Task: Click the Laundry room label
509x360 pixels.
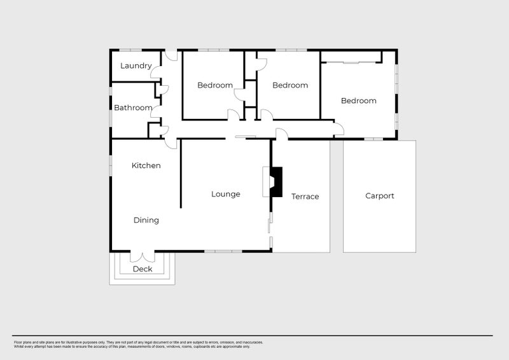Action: coord(136,66)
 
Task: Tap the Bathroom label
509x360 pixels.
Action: coord(133,107)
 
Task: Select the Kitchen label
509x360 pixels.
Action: coord(146,165)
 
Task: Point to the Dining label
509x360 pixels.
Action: coord(146,220)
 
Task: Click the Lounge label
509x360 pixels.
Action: coord(225,194)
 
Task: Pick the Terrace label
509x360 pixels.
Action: coord(305,197)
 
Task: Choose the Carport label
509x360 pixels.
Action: coord(379,196)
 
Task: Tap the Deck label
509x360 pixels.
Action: coord(143,269)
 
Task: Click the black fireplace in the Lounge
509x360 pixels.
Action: coord(275,182)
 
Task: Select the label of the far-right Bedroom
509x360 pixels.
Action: coord(358,100)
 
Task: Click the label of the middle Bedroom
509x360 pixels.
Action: coord(290,85)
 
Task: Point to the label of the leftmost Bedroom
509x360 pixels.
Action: coord(214,85)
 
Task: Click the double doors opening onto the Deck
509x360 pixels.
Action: coord(143,256)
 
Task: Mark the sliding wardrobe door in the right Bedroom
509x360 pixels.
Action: coord(351,62)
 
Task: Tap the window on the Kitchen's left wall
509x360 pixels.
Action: coord(111,165)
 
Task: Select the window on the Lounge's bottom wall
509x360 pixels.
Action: coord(223,251)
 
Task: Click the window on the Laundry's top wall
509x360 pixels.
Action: coord(130,50)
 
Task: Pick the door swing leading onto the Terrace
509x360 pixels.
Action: coord(281,134)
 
